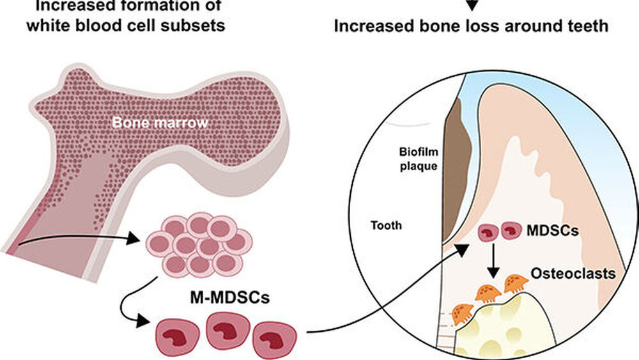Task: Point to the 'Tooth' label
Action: pos(386,225)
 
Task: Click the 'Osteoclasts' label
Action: pos(583,274)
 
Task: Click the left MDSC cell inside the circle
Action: pos(488,231)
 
